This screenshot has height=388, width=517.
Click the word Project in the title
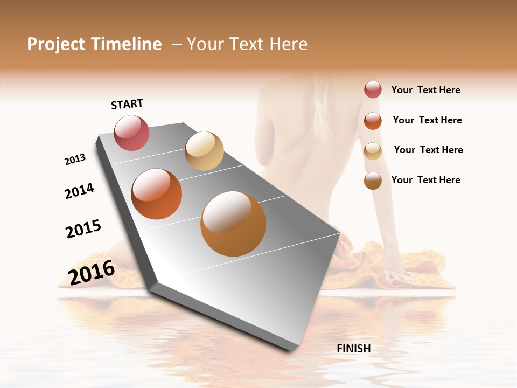[56, 44]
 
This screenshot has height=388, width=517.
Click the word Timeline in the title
[127, 44]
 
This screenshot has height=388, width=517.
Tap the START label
[127, 104]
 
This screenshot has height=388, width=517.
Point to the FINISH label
[353, 349]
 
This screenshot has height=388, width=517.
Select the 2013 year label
[75, 159]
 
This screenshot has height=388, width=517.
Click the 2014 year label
[79, 191]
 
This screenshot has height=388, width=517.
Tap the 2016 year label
[92, 272]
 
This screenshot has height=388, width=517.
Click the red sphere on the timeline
[131, 133]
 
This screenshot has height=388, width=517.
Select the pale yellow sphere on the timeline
[204, 151]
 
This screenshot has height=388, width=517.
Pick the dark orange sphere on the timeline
[156, 194]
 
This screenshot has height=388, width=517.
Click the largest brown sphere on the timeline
[233, 223]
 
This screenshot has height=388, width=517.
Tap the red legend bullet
[373, 89]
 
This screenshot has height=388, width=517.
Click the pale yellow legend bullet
[373, 151]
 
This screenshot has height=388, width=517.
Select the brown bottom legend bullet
[373, 181]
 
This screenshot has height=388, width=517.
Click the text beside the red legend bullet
[425, 91]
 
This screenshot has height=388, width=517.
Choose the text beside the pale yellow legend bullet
[428, 150]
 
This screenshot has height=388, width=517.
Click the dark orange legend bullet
[373, 121]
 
